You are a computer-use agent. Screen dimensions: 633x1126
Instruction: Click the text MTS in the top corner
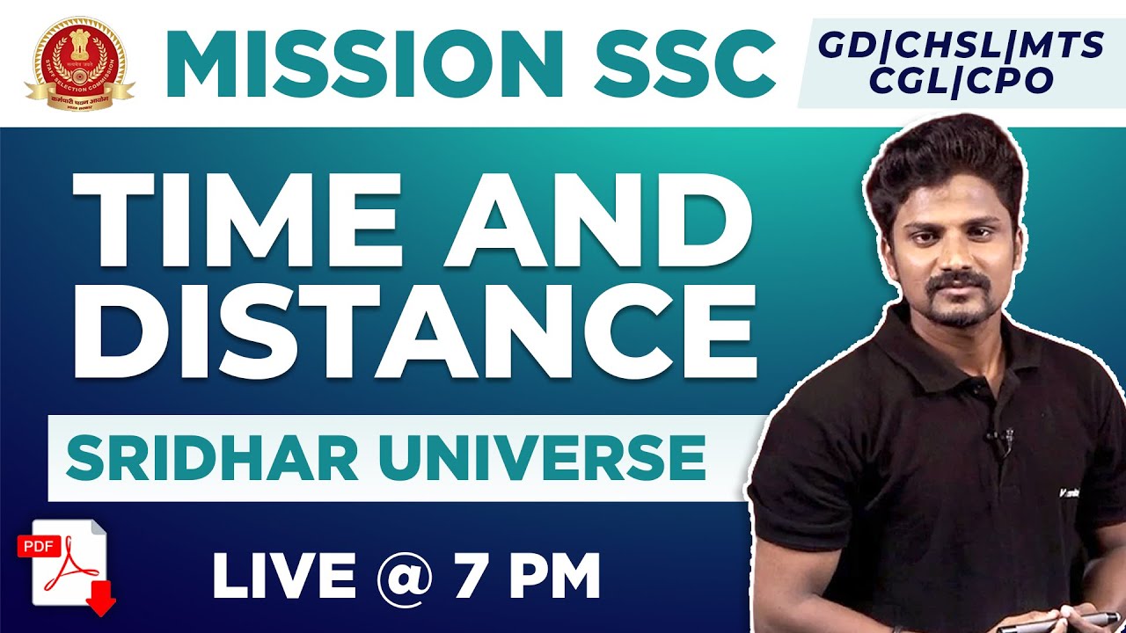pyautogui.click(x=1061, y=46)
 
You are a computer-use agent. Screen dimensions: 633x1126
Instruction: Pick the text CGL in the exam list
pyautogui.click(x=897, y=80)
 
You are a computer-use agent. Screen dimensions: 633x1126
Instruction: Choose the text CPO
pyautogui.click(x=1013, y=80)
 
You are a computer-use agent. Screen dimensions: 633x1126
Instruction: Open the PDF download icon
pyautogui.click(x=69, y=564)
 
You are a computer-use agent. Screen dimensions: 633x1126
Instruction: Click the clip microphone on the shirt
pyautogui.click(x=1000, y=438)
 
